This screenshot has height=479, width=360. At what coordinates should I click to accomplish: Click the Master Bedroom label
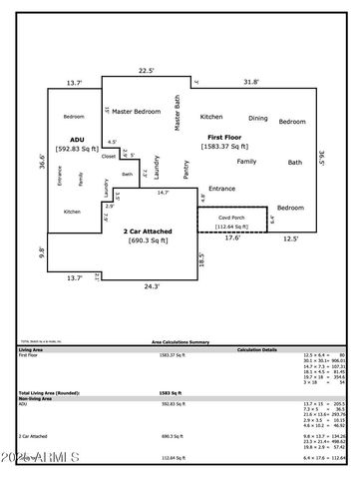click(x=136, y=112)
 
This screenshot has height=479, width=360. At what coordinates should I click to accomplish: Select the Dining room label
click(x=257, y=117)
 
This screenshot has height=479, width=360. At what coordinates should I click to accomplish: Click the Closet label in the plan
click(x=109, y=156)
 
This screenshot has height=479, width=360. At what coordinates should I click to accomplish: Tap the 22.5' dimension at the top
click(x=146, y=70)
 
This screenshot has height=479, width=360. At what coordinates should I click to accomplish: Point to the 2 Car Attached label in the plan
click(x=147, y=231)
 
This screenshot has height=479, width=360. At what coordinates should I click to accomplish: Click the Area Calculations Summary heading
click(x=180, y=340)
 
